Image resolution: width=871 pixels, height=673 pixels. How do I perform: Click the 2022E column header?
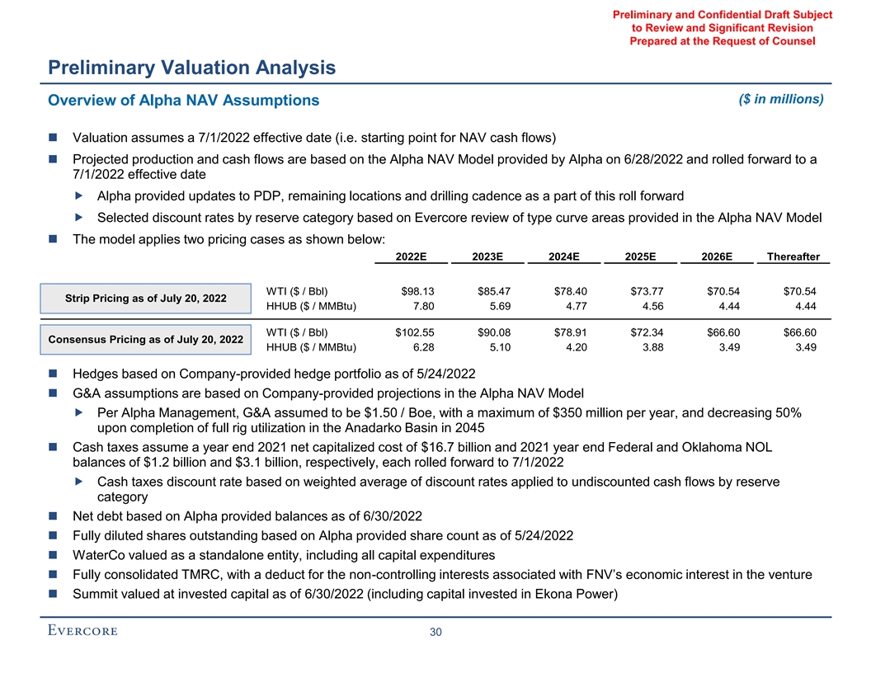pyautogui.click(x=410, y=256)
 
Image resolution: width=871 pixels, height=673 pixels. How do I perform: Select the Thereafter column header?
pyautogui.click(x=793, y=256)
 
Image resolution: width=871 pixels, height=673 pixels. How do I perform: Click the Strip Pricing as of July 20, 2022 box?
pyautogui.click(x=145, y=298)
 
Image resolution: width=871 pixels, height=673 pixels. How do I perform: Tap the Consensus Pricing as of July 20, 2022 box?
pyautogui.click(x=145, y=339)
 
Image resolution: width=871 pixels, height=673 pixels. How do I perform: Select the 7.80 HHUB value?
pyautogui.click(x=423, y=306)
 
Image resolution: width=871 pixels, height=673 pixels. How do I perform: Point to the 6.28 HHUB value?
pyautogui.click(x=423, y=347)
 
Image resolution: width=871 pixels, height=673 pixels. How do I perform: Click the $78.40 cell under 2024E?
pyautogui.click(x=570, y=290)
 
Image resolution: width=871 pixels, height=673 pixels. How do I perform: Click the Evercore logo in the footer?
pyautogui.click(x=82, y=632)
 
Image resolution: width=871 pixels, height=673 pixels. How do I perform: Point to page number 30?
pyautogui.click(x=436, y=633)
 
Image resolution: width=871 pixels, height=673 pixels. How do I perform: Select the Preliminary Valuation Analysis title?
pyautogui.click(x=191, y=68)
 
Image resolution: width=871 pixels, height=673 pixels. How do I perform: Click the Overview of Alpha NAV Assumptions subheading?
pyautogui.click(x=184, y=101)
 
